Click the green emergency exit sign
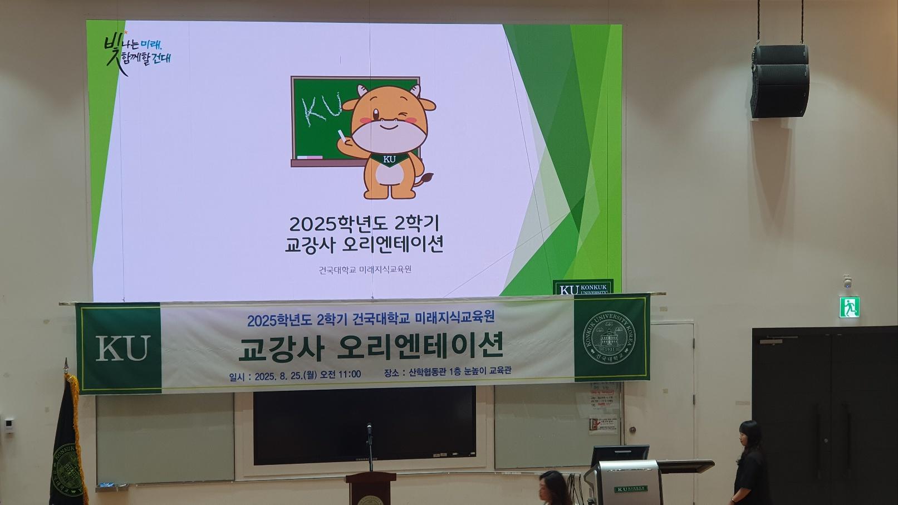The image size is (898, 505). (x=849, y=307)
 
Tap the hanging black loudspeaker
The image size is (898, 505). (x=779, y=81)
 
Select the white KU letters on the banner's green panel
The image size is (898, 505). (x=122, y=348)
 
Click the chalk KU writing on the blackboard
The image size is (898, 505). (x=321, y=109)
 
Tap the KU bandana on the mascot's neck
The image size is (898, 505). (x=390, y=159)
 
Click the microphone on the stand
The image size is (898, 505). (x=369, y=429)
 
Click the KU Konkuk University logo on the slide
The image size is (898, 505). (x=583, y=288)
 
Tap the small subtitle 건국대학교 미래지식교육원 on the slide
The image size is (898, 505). (x=365, y=270)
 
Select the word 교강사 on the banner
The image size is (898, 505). (x=281, y=347)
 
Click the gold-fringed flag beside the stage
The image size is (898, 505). (x=68, y=440)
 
